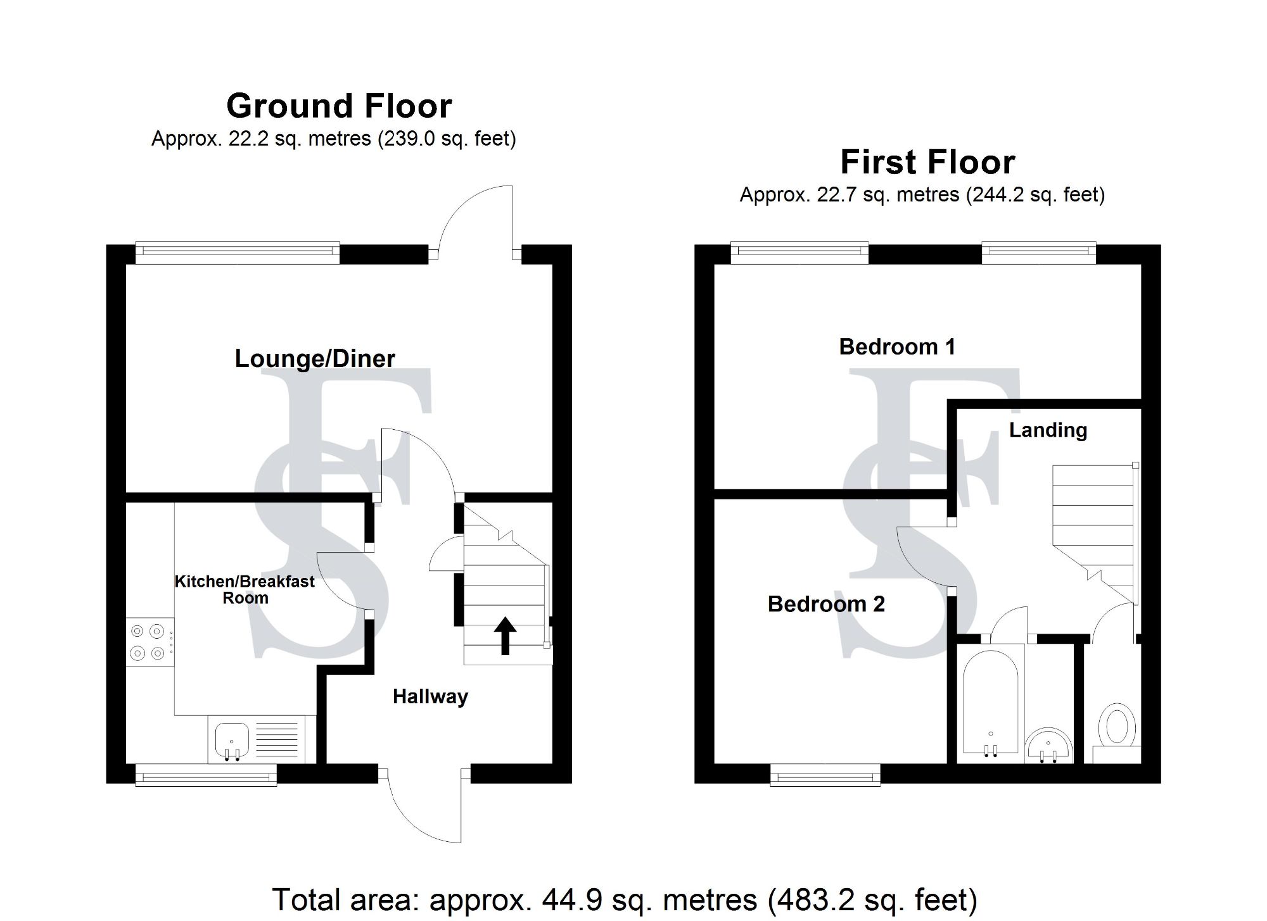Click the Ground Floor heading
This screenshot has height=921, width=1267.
(x=339, y=106)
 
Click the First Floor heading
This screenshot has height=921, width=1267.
(x=927, y=162)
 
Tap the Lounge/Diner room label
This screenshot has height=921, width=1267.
(x=315, y=359)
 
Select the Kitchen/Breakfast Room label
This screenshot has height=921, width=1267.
(x=245, y=589)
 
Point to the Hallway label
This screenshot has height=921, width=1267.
(x=430, y=696)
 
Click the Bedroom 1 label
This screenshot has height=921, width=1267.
(x=897, y=347)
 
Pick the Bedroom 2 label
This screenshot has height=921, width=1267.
(x=826, y=604)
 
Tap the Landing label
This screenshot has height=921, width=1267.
(x=1048, y=430)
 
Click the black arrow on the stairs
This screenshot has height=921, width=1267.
(x=505, y=635)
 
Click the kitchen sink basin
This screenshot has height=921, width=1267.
(x=231, y=739)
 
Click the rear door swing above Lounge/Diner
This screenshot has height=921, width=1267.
(x=475, y=218)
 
